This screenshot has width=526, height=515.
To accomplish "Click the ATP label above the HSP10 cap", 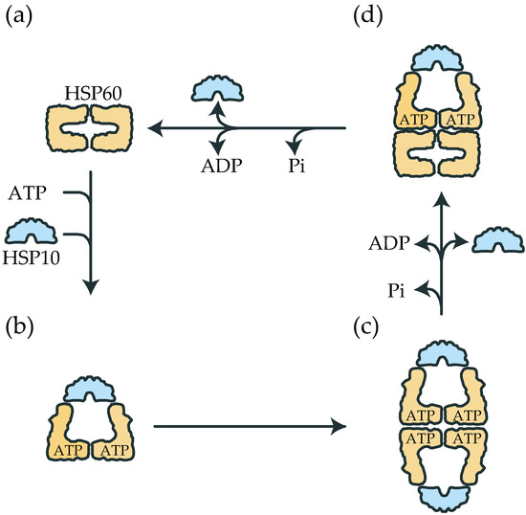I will (x=28, y=195).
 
